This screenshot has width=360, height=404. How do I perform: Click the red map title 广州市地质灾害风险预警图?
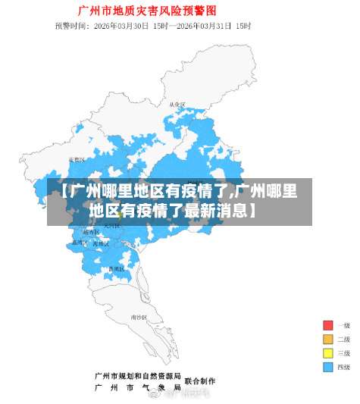pos(147,11)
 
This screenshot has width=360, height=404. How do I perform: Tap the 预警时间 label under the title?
pos(70,26)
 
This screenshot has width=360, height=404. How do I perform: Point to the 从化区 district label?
pos(177,104)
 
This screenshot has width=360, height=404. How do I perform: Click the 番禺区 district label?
pos(115,269)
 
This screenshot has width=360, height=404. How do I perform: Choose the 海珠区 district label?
pos(100,243)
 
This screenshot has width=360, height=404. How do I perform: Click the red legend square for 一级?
pos(327,325)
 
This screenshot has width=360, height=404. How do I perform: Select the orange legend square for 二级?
pos(327,339)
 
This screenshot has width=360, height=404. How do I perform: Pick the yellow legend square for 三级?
pos(327,353)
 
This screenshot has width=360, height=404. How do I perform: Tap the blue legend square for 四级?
pos(327,367)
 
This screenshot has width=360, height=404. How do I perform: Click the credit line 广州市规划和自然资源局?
pos(137,375)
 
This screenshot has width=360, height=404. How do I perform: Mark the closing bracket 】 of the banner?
pos(249,208)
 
